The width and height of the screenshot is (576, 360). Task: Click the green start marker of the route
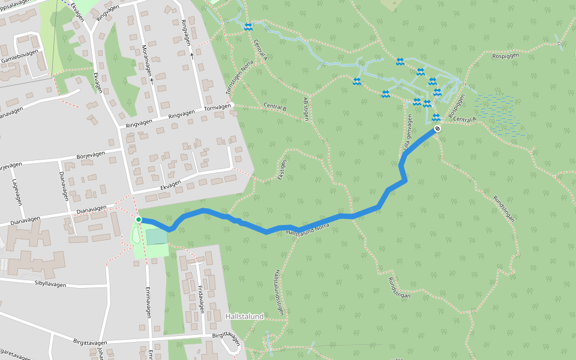(139, 220)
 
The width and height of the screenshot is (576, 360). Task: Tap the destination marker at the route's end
(437, 128)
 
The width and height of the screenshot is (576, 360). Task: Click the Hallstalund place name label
(244, 316)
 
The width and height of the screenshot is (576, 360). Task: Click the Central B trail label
(275, 107)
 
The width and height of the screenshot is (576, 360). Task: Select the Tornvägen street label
(217, 107)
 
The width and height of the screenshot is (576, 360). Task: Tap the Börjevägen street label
(91, 155)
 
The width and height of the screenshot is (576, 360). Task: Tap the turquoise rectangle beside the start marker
(157, 236)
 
